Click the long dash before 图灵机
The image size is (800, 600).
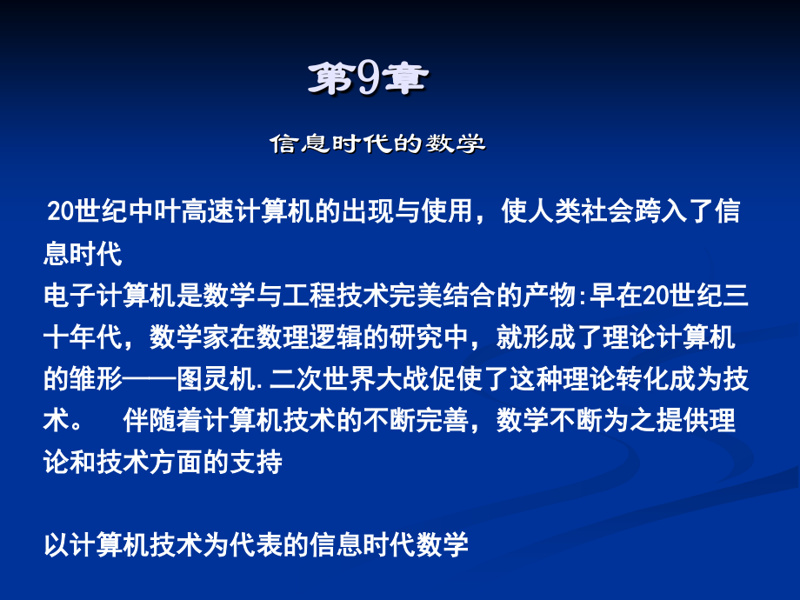[151, 379]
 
